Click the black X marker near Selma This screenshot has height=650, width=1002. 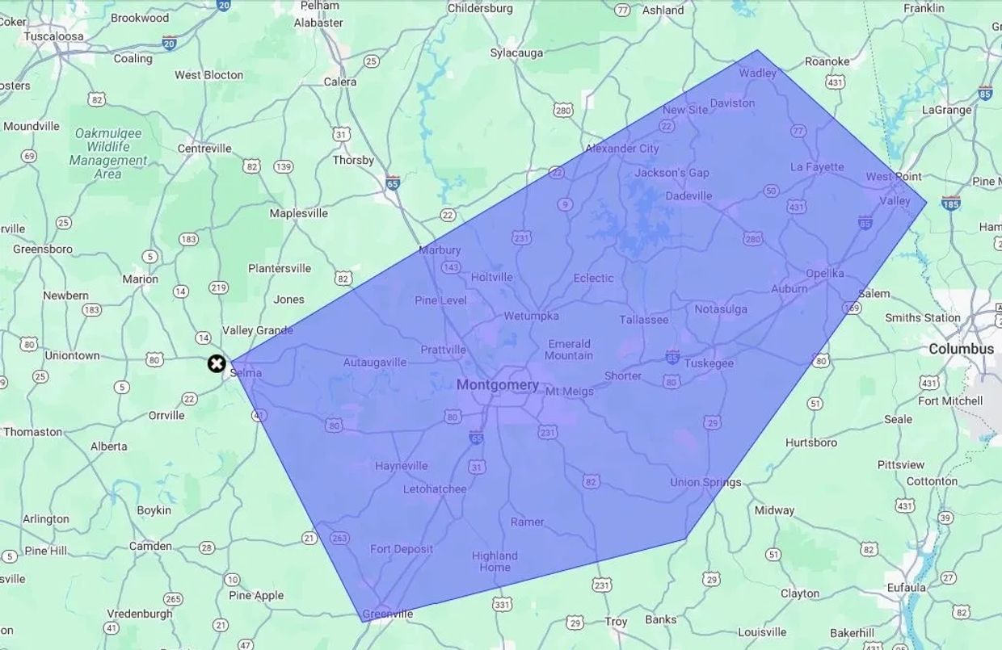click(216, 363)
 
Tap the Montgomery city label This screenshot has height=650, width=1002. click(497, 385)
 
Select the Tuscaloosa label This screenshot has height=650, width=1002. click(53, 36)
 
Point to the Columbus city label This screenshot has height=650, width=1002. click(961, 349)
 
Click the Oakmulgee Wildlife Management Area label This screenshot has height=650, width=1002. click(108, 153)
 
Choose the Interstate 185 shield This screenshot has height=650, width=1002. click(951, 203)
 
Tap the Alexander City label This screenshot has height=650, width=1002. click(621, 149)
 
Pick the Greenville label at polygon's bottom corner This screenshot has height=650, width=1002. click(387, 614)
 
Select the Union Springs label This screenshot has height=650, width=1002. click(705, 483)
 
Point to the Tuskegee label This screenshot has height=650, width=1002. click(709, 363)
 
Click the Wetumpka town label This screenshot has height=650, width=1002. click(531, 316)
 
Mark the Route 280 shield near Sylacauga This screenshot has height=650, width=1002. click(562, 110)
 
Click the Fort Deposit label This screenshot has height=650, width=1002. click(402, 549)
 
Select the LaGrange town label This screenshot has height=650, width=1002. click(947, 110)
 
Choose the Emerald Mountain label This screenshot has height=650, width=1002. click(569, 350)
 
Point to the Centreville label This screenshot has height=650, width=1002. click(204, 149)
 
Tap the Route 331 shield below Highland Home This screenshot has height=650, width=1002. click(503, 604)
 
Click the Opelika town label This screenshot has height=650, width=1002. click(824, 273)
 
